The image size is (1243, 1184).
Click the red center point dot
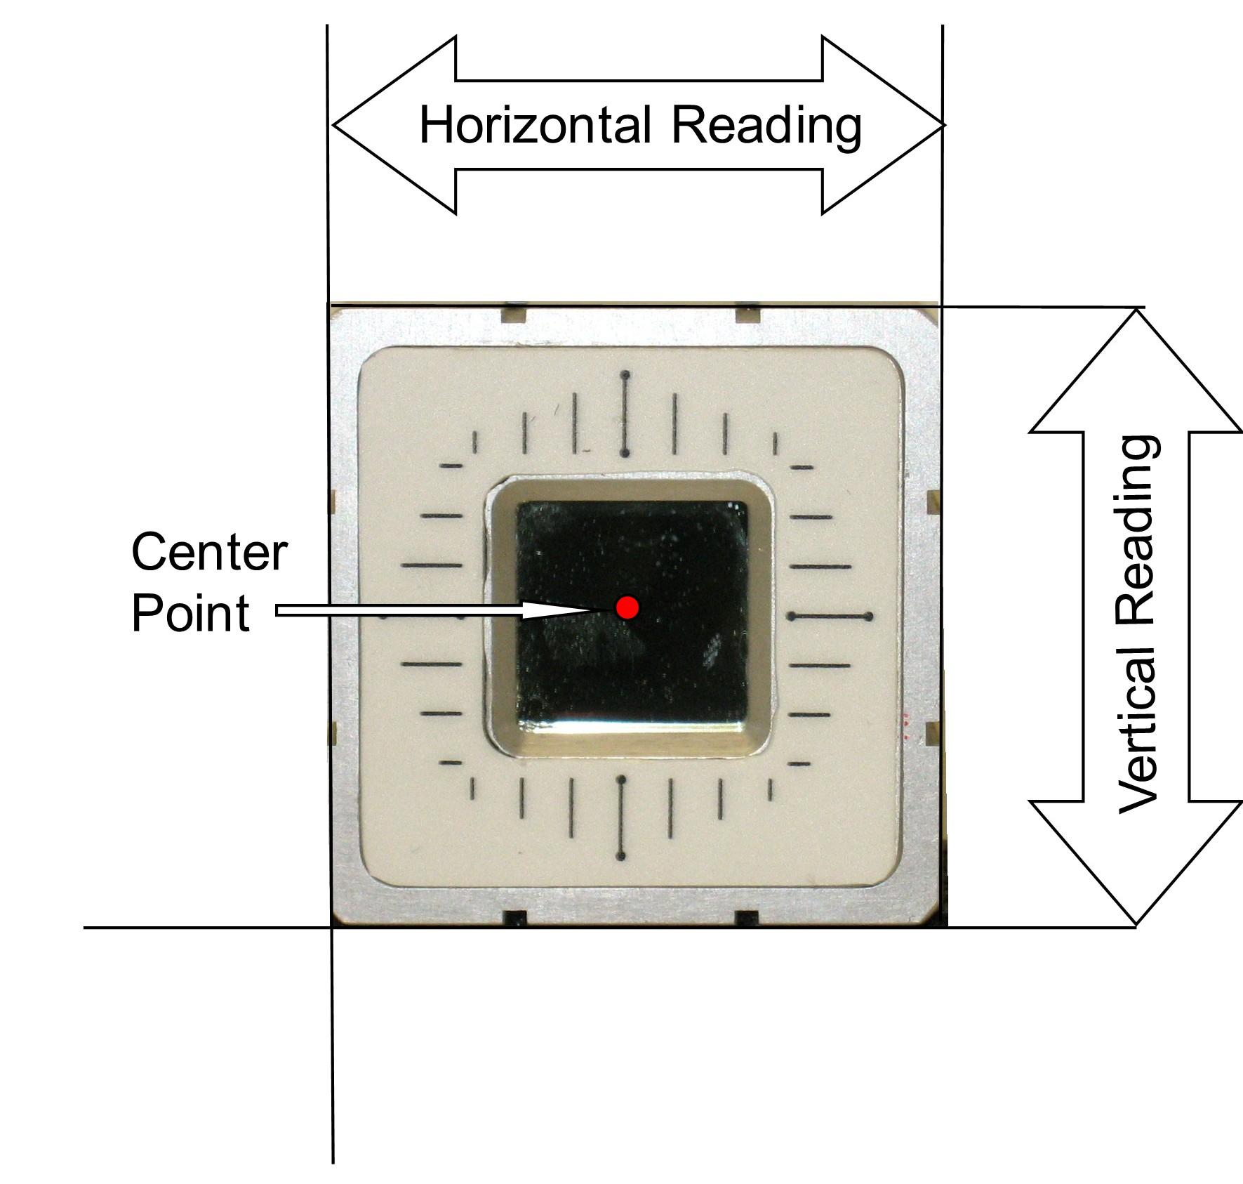627,607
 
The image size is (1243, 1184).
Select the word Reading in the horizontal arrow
766,126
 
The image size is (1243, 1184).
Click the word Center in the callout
209,553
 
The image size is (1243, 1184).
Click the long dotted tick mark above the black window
625,415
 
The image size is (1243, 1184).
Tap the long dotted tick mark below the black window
620,818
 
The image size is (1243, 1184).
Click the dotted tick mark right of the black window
830,617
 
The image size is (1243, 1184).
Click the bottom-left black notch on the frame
516,919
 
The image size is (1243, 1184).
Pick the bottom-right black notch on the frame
747,919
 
